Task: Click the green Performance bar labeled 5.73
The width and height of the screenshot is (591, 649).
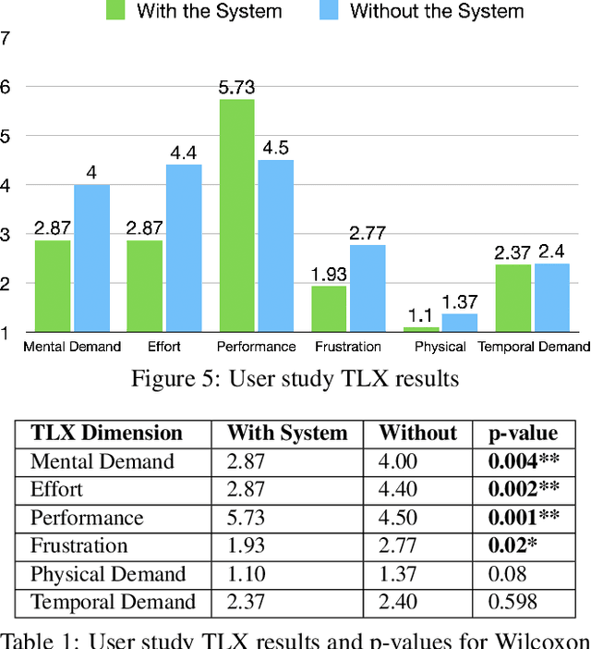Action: (x=236, y=215)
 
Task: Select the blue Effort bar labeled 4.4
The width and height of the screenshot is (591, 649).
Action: (x=183, y=248)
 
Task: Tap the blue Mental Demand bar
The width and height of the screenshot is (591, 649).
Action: (x=91, y=258)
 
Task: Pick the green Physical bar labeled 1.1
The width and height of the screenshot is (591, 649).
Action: (x=421, y=328)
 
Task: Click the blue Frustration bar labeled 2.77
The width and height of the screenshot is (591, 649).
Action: (x=368, y=288)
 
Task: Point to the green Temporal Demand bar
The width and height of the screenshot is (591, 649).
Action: (x=513, y=298)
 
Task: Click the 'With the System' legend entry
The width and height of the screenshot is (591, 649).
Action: (x=193, y=12)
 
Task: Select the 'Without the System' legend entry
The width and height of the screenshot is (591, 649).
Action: (x=424, y=12)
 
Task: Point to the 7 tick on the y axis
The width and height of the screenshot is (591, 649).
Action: (x=6, y=39)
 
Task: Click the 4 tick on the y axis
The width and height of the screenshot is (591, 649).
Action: (x=6, y=185)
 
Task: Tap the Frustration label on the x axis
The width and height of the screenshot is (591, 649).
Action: (x=347, y=347)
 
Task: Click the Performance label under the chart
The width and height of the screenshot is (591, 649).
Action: (x=256, y=347)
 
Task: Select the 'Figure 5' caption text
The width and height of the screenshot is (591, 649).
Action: (x=295, y=379)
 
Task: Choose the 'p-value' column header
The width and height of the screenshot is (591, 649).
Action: (x=523, y=434)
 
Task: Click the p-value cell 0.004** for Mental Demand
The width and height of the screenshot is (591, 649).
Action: (x=525, y=461)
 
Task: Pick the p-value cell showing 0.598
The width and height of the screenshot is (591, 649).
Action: (x=514, y=602)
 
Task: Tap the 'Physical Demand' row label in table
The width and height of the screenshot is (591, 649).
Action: (x=108, y=574)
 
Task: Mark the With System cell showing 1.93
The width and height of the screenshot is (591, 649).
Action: (x=246, y=545)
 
